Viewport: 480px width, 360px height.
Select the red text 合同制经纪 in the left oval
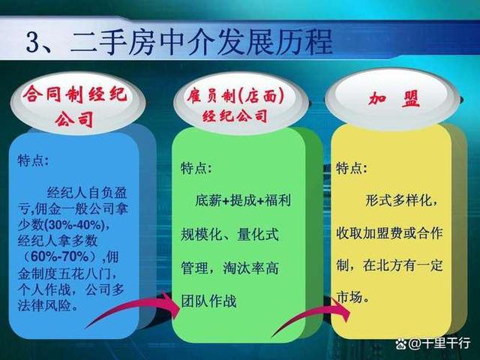[x=75, y=94]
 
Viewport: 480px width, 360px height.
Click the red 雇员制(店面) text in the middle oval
[x=235, y=96]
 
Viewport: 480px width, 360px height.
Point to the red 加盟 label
[x=394, y=98]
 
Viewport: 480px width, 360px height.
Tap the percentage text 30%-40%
[x=75, y=225]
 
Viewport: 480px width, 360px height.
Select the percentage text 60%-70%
[x=60, y=256]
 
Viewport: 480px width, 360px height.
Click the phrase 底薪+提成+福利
[x=243, y=201]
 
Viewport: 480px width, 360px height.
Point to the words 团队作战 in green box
[x=208, y=301]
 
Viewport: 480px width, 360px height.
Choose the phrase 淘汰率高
[x=250, y=268]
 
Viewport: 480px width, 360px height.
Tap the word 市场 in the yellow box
[x=349, y=297]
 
